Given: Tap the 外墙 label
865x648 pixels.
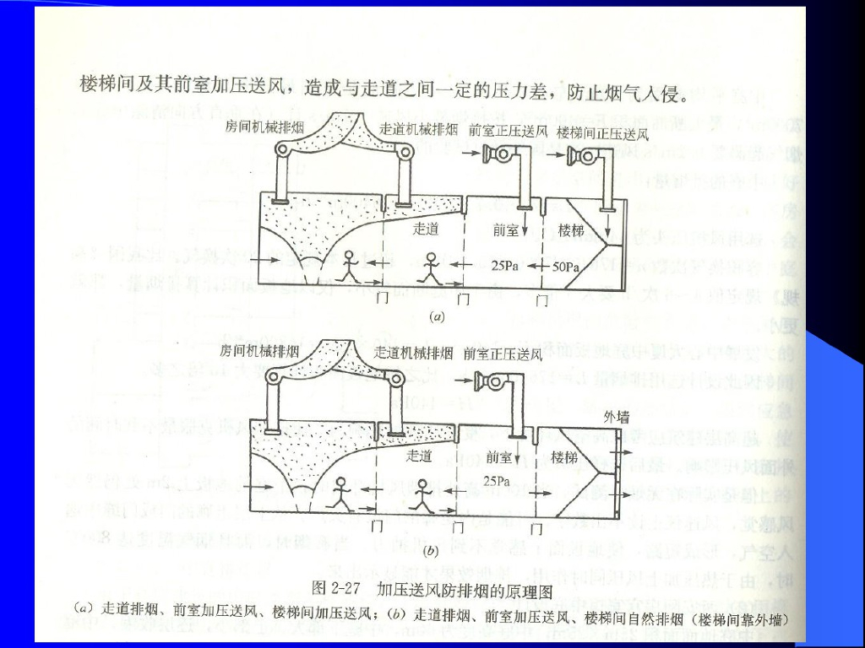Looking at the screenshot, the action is pyautogui.click(x=617, y=418).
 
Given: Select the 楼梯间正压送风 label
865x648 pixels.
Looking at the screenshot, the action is pyautogui.click(x=602, y=132).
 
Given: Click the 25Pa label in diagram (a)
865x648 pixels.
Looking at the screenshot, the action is pyautogui.click(x=504, y=265).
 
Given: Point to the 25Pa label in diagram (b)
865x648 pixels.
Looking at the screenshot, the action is pyautogui.click(x=498, y=480).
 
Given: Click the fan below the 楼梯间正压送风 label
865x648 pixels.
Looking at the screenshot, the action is pyautogui.click(x=583, y=156).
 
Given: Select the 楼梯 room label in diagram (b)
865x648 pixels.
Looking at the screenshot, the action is pyautogui.click(x=563, y=456).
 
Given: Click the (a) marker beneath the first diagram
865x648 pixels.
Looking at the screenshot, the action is pyautogui.click(x=437, y=318).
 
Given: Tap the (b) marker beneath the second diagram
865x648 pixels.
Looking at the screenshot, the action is pyautogui.click(x=430, y=551).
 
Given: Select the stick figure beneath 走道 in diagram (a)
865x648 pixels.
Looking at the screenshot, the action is pyautogui.click(x=431, y=268).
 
